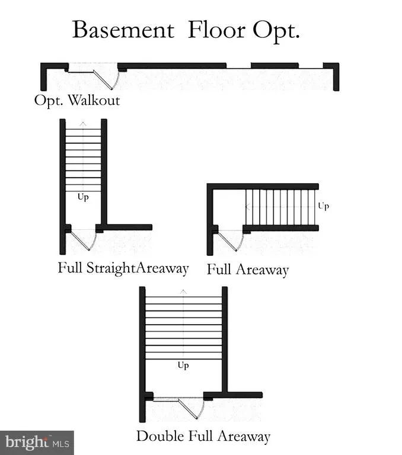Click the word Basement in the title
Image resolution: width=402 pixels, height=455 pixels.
click(x=123, y=30)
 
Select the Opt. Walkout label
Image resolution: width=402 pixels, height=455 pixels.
click(x=77, y=100)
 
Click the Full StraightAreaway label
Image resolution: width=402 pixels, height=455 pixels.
click(x=123, y=268)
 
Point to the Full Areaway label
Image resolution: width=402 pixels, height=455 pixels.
click(x=248, y=270)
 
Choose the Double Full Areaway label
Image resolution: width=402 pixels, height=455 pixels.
click(x=203, y=437)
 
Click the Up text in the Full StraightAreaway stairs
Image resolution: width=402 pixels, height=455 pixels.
click(x=83, y=197)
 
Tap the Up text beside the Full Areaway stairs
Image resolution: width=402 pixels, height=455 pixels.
click(x=323, y=206)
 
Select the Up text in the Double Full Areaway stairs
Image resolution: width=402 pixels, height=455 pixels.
click(x=183, y=366)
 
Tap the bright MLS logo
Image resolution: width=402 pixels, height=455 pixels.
click(x=37, y=442)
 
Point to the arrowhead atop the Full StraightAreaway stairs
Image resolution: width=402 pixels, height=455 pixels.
click(x=83, y=123)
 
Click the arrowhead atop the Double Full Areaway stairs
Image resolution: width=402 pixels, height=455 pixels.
click(x=183, y=291)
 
